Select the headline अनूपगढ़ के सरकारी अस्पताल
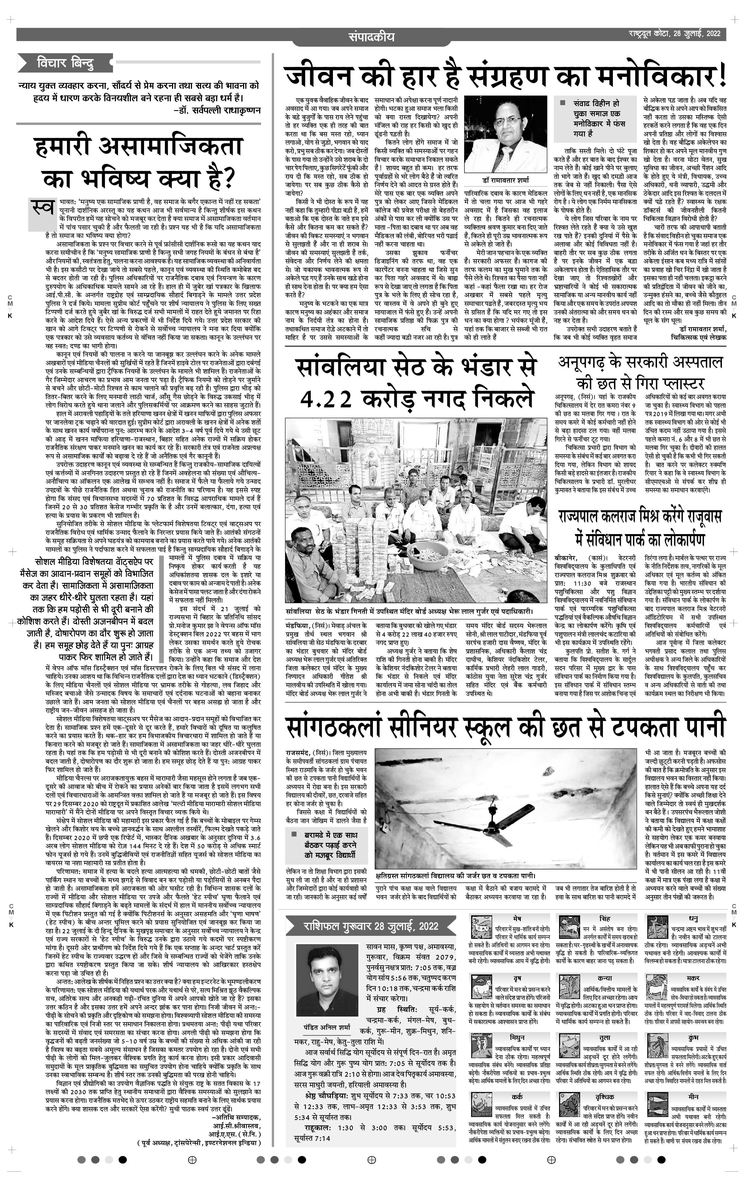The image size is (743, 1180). (640, 363)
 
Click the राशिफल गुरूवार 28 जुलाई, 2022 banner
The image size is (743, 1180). (370, 926)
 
